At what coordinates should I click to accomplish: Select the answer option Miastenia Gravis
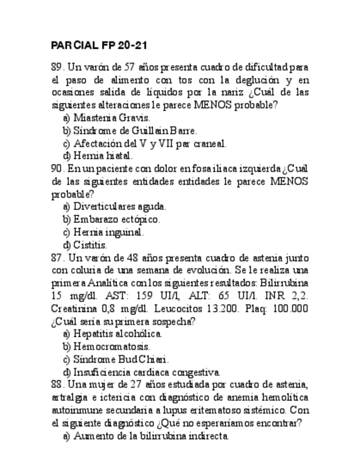[x=112, y=118]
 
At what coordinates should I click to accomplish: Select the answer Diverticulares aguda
[x=120, y=207]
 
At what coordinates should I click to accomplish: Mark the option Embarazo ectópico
[x=117, y=220]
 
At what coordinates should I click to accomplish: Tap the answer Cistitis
[x=90, y=245]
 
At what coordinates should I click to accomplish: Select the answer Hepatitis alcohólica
[x=117, y=334]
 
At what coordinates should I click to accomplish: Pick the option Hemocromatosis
[x=112, y=347]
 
